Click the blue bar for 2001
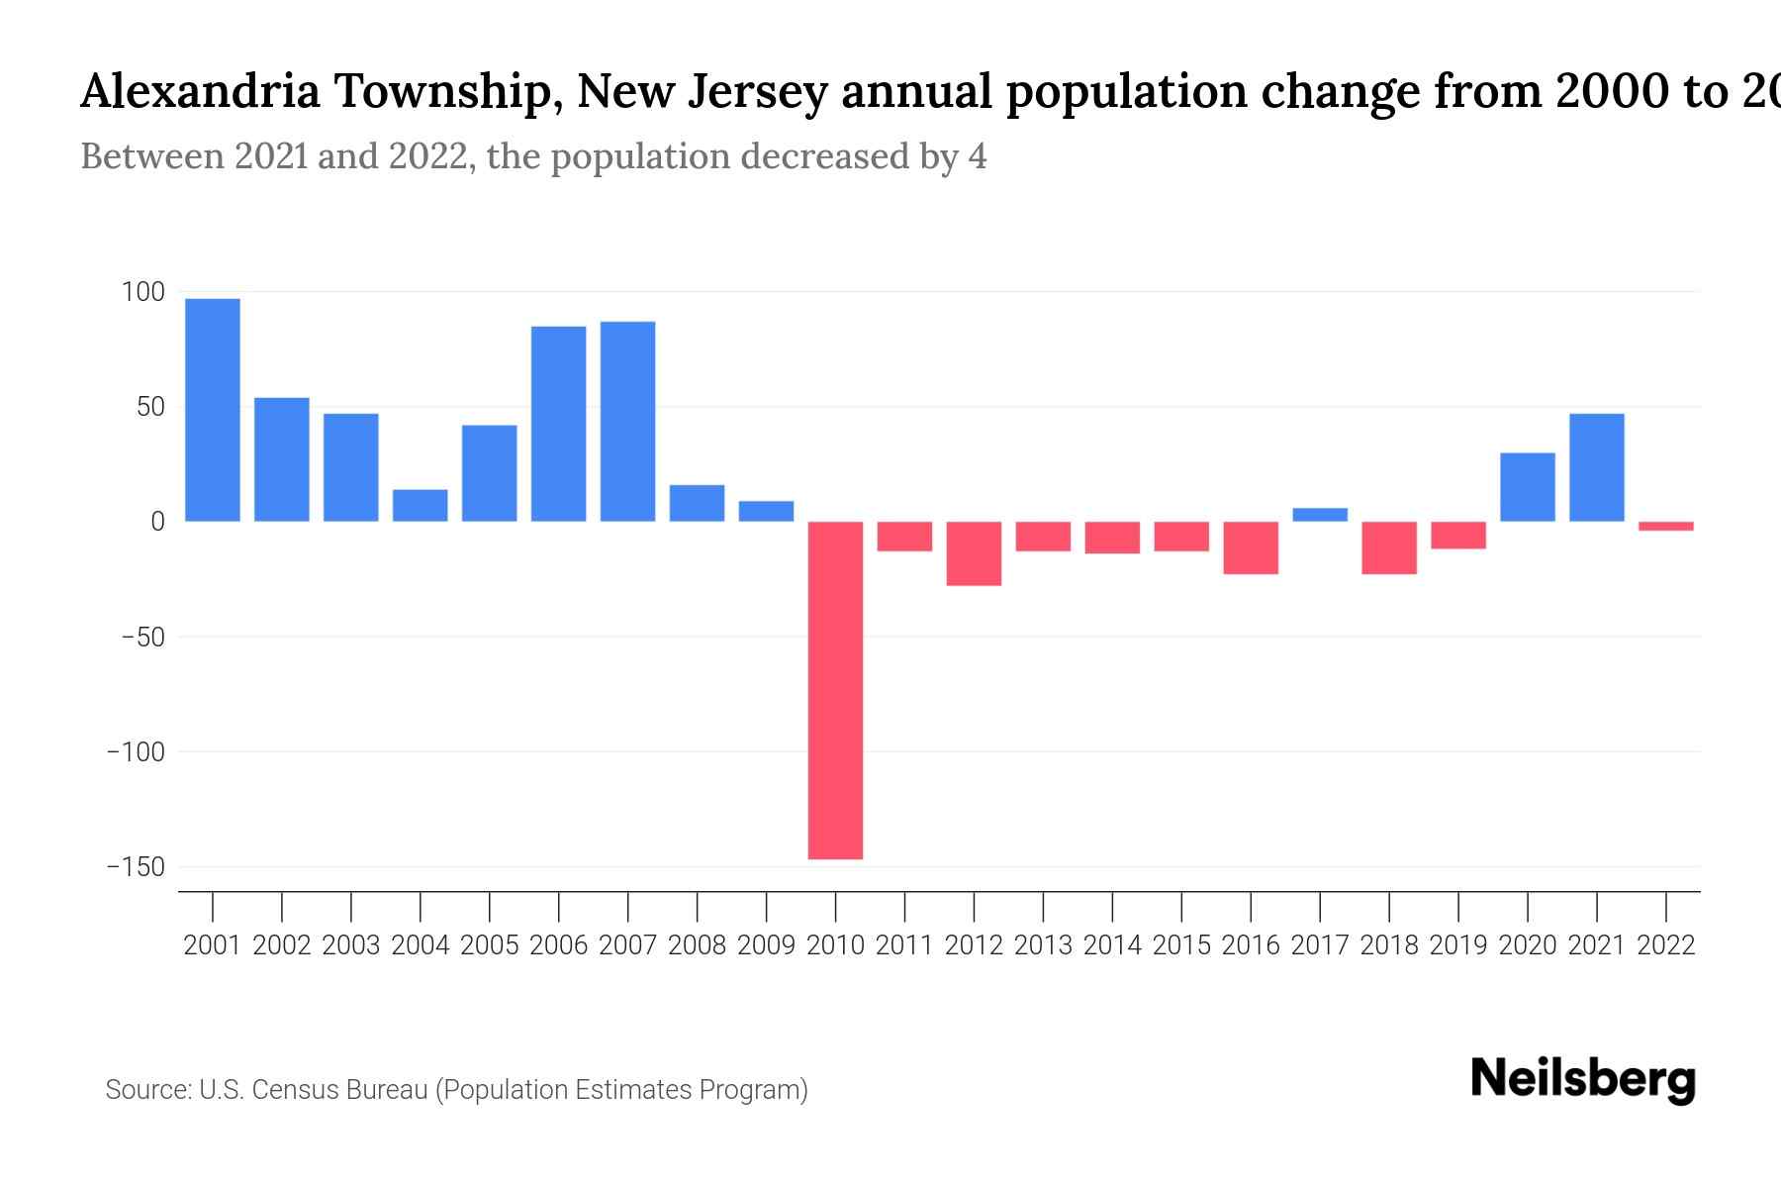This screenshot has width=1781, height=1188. pos(212,410)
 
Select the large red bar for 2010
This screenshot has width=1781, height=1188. pos(835,690)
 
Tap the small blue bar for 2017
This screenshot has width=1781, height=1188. pos(1320,515)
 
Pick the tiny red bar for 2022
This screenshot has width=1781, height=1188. pos(1666,526)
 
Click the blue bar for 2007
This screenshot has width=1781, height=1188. pos(627,421)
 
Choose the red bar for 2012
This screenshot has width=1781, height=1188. pos(974,553)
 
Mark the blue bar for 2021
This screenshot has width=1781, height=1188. pos(1597,467)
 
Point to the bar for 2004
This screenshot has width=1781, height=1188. pos(420,505)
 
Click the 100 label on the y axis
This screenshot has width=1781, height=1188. pos(142,292)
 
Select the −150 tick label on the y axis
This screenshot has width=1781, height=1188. pos(136,867)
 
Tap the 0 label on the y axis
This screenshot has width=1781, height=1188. pos(156,522)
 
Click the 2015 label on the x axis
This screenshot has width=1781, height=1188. pos(1181,945)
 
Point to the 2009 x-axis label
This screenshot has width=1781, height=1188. pos(766,945)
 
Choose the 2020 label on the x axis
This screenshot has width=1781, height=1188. pos(1528,945)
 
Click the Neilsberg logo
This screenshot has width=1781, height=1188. pos(1583,1079)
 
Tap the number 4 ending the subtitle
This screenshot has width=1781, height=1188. pos(977,157)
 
